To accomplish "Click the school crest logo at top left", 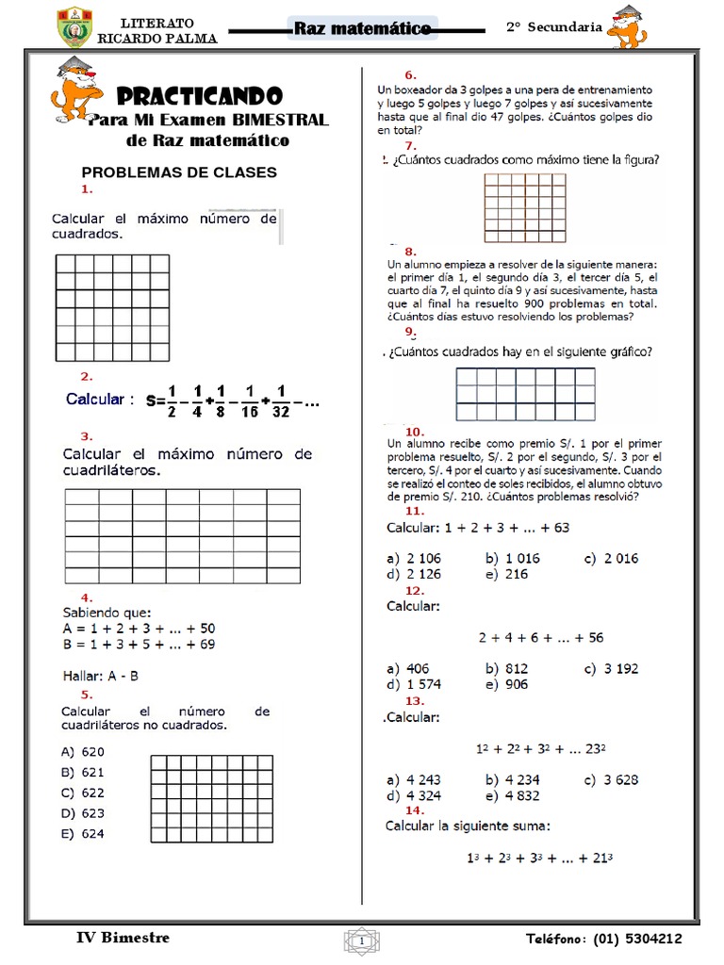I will click(x=74, y=28).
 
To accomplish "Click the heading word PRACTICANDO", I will click(x=199, y=96).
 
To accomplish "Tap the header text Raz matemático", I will click(x=362, y=28).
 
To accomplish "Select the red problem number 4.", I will click(x=86, y=597).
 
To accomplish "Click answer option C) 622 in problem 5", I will click(x=83, y=793).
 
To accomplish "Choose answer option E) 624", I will click(x=83, y=833).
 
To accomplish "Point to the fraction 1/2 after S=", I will click(x=173, y=400).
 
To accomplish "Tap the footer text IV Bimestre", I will click(x=123, y=938).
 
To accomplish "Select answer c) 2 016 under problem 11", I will click(x=610, y=558).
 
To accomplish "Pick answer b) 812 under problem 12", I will click(x=506, y=668).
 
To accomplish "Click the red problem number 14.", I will click(x=414, y=810).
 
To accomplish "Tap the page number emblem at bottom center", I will click(x=362, y=940).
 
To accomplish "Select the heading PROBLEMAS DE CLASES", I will click(x=179, y=172).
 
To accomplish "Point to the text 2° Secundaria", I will click(x=553, y=27).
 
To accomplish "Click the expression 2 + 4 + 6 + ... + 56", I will click(x=540, y=637).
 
